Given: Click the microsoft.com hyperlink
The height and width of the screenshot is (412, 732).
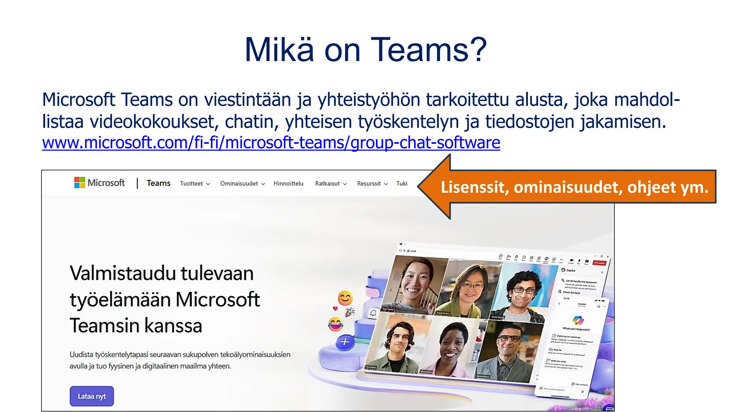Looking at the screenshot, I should (271, 143).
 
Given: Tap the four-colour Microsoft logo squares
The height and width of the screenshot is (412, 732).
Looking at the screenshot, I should (79, 182).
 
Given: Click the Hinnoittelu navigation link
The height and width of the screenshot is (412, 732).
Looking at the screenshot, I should (288, 183).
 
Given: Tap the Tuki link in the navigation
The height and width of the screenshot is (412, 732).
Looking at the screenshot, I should (401, 183).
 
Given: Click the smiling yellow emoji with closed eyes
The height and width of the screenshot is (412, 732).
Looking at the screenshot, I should (345, 298).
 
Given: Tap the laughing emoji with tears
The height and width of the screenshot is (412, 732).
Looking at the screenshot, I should (336, 324).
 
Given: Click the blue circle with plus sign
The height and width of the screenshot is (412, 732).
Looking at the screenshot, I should (345, 342).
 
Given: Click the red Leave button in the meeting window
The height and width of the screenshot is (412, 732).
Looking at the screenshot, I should (599, 263).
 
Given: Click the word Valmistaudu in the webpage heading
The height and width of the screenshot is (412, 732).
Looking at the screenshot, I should (123, 273).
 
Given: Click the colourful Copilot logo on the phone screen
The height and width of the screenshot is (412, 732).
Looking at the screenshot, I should (578, 320).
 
